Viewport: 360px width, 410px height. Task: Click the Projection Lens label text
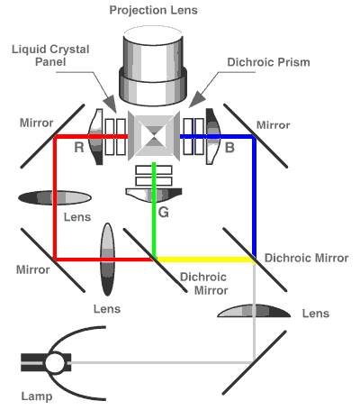[x=153, y=11]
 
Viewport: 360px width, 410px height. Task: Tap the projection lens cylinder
[x=153, y=66]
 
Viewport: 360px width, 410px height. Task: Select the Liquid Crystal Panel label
[x=50, y=56]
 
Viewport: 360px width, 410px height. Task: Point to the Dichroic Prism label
[x=268, y=62]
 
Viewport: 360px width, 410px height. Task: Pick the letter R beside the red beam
[x=78, y=148]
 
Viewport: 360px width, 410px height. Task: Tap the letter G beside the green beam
[x=164, y=213]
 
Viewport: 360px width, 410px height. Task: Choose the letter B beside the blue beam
[x=229, y=148]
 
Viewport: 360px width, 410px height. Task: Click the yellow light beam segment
[x=205, y=259]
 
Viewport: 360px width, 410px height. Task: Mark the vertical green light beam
[x=154, y=210]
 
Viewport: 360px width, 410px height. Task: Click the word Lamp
[x=37, y=396]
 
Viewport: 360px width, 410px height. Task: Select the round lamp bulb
[x=55, y=362]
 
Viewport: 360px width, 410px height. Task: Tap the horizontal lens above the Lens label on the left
[x=55, y=197]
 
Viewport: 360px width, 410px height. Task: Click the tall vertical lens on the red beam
[x=107, y=260]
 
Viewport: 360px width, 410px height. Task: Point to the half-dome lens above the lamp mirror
[x=254, y=311]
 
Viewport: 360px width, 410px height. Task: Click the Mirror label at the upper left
[x=36, y=123]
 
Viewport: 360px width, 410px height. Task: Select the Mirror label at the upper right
[x=273, y=125]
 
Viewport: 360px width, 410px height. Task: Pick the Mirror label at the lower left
[x=32, y=269]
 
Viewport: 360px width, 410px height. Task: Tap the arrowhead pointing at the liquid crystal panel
[x=112, y=104]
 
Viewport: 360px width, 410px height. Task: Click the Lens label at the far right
[x=316, y=314]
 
